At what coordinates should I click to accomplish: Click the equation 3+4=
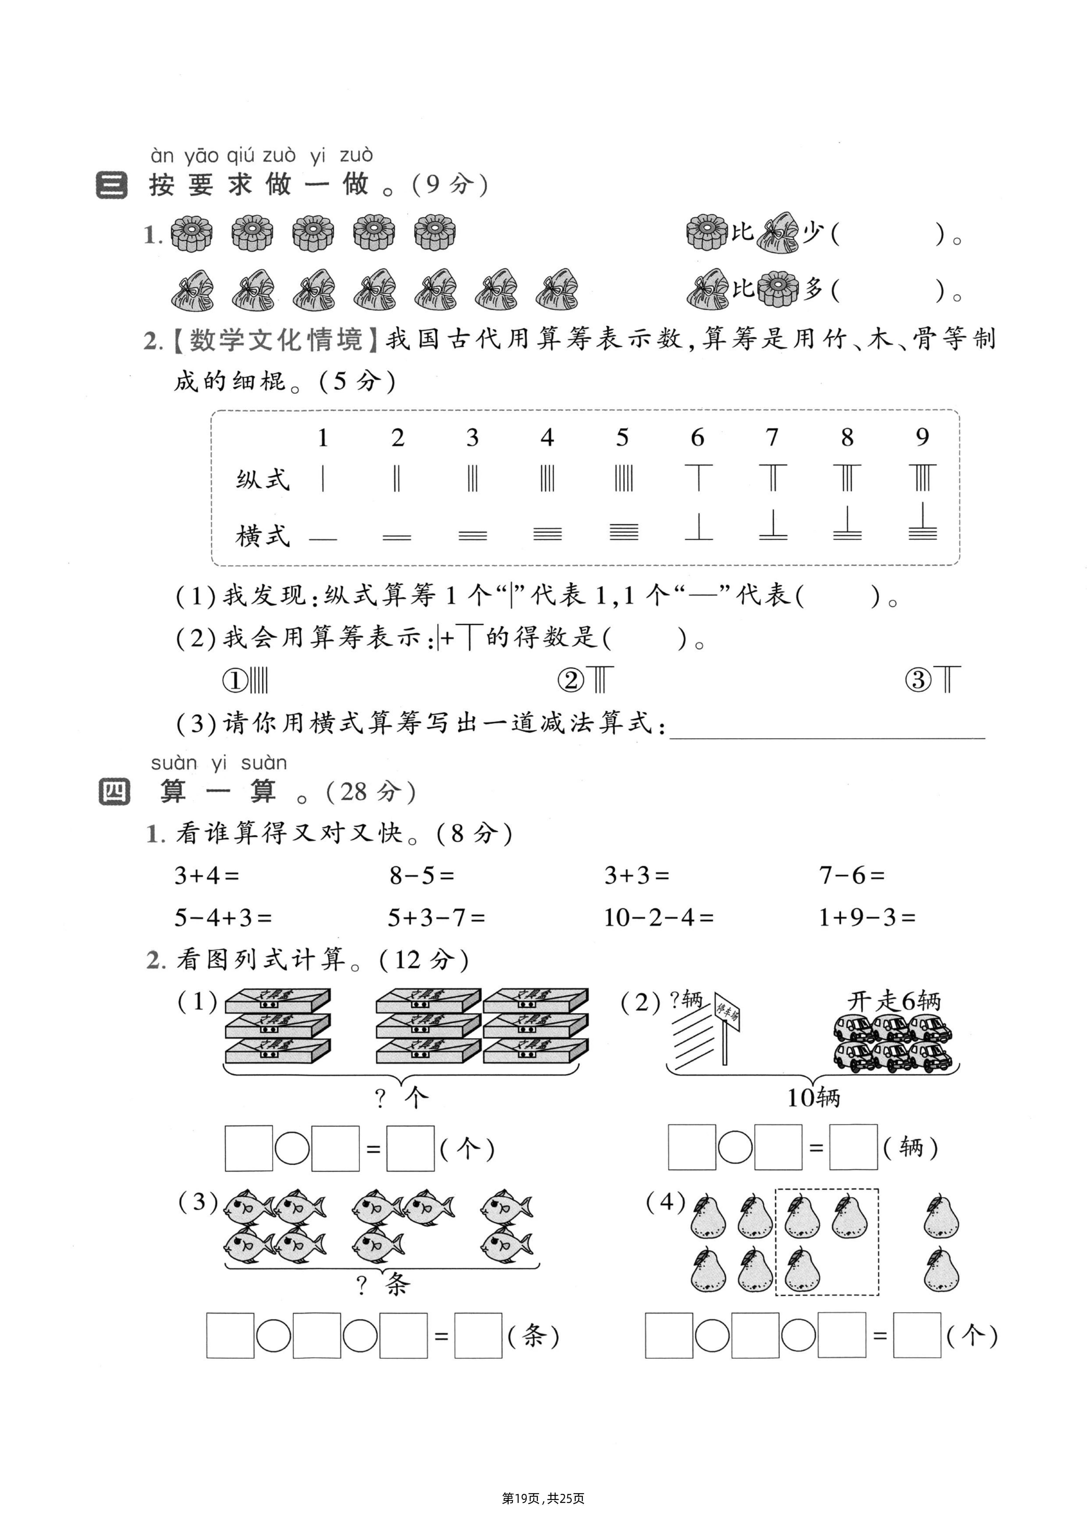(x=206, y=875)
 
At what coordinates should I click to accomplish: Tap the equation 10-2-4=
(x=658, y=918)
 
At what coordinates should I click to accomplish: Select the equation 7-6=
(x=851, y=875)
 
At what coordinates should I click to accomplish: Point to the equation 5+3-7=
(x=436, y=918)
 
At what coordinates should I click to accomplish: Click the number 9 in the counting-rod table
(x=922, y=438)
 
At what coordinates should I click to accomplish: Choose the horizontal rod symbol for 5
(x=624, y=532)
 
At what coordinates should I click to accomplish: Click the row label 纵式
(x=262, y=480)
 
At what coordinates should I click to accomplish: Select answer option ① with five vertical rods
(x=245, y=680)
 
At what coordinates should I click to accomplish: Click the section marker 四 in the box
(x=114, y=792)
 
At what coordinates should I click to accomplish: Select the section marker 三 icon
(x=111, y=185)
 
